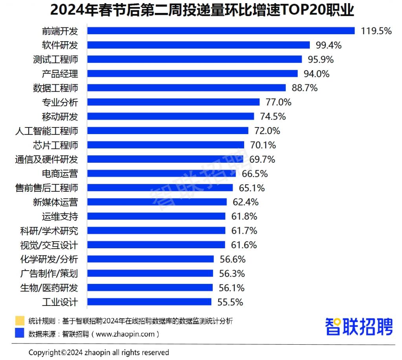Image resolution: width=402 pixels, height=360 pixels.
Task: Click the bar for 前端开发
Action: tap(221, 31)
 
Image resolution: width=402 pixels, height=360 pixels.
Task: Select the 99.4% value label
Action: tap(329, 45)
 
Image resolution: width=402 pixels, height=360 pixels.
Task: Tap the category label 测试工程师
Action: tap(55, 60)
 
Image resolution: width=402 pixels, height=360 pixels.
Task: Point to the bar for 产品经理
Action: tap(192, 74)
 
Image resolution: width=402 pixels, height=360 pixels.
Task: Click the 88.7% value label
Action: tap(305, 88)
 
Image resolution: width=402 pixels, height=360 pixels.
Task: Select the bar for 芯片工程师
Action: tap(165, 145)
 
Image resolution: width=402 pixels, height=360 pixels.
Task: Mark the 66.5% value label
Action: tap(255, 174)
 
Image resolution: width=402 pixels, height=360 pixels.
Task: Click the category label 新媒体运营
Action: tap(55, 202)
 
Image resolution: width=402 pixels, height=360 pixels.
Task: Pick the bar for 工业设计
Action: tap(149, 302)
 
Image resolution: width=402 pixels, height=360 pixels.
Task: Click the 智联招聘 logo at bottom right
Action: tap(359, 327)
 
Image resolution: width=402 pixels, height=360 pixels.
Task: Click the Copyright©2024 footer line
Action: tap(99, 352)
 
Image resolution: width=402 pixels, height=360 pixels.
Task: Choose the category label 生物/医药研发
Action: tap(49, 288)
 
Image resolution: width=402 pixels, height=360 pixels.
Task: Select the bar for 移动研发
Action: tap(170, 116)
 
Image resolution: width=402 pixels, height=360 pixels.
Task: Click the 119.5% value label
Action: tap(376, 31)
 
